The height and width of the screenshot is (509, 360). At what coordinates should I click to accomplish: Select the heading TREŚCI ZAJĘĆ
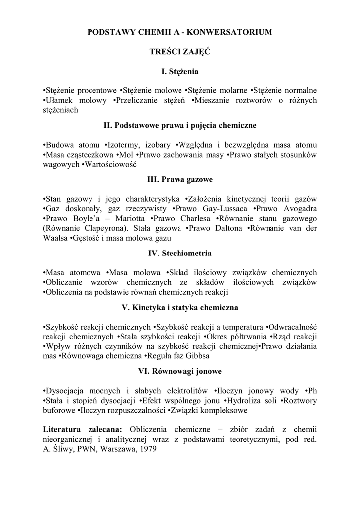180,52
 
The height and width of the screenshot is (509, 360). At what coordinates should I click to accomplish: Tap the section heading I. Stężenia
180,72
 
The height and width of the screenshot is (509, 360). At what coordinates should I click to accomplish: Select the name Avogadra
300,209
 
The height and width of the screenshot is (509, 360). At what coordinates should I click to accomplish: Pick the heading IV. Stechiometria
180,253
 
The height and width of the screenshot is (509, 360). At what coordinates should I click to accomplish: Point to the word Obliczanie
65,282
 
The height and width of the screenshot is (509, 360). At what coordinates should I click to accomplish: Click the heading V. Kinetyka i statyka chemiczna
180,307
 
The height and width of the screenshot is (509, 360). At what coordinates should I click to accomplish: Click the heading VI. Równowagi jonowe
180,371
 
